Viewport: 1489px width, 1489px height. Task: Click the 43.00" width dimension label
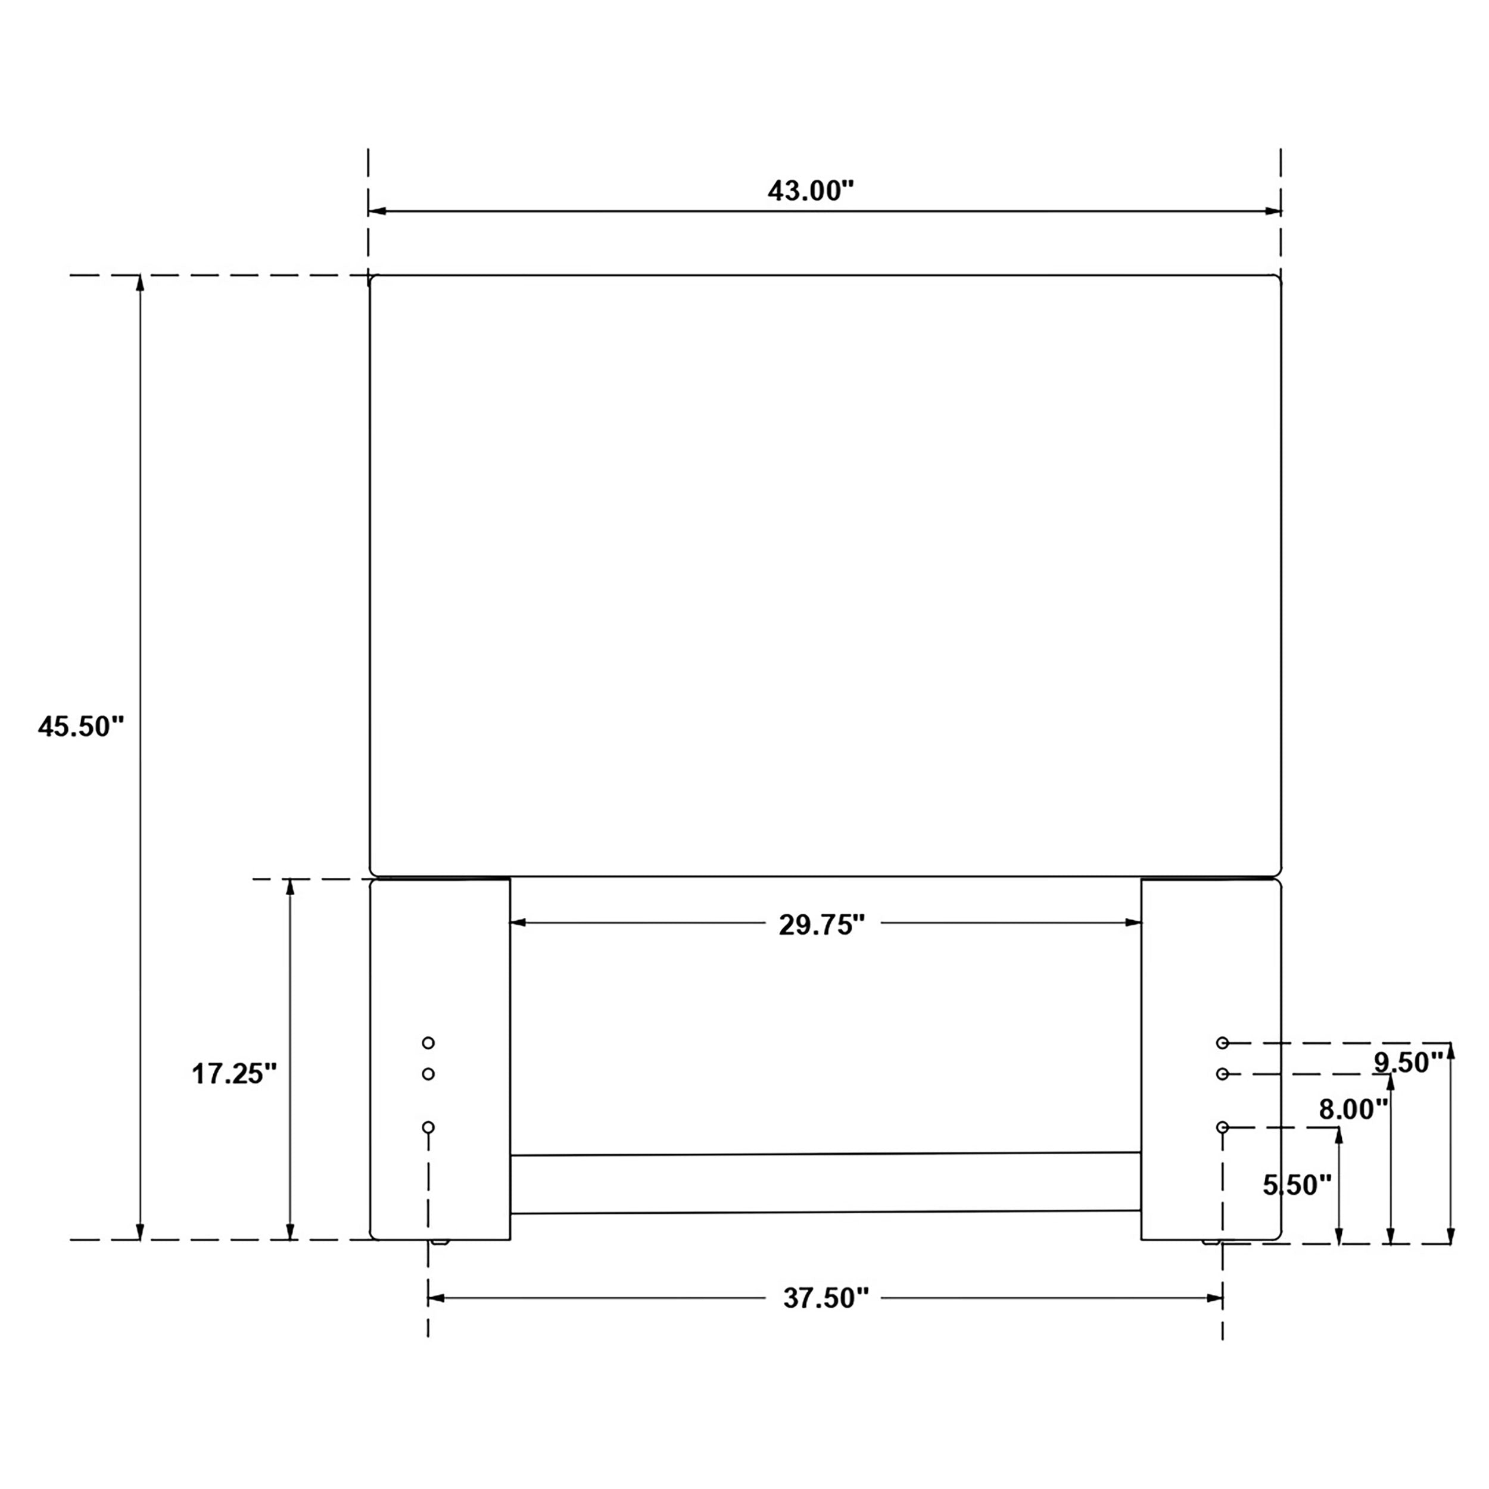point(811,191)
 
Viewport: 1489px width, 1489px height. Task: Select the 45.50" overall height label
point(81,726)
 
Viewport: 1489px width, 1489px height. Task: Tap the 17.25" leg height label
point(233,1074)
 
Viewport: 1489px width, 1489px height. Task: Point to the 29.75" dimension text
point(821,925)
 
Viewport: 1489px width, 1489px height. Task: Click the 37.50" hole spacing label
point(826,1298)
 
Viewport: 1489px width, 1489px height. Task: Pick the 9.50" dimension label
point(1408,1062)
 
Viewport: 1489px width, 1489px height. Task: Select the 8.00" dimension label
point(1353,1109)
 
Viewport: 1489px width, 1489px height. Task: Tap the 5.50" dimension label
point(1297,1185)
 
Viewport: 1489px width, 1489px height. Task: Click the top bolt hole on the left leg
point(428,1043)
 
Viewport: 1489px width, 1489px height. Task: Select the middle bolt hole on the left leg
point(428,1074)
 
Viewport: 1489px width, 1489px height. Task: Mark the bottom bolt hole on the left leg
point(428,1127)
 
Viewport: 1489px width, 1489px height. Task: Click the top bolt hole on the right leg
point(1222,1043)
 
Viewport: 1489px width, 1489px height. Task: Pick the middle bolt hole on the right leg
point(1222,1074)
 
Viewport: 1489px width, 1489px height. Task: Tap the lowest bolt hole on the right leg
point(1222,1127)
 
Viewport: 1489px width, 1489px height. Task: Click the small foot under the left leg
point(440,1242)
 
